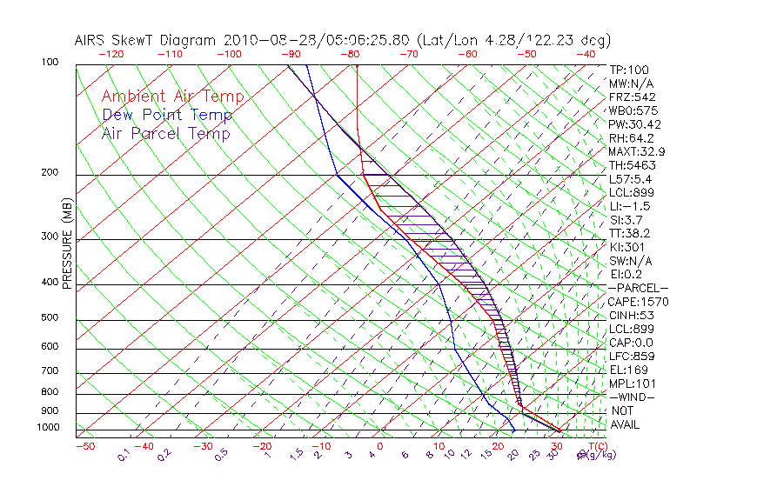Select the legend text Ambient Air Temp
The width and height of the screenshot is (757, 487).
click(172, 97)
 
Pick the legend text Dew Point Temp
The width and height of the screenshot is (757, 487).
click(167, 115)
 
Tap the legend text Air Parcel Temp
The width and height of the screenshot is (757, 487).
click(165, 133)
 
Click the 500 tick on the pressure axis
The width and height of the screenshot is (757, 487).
click(50, 317)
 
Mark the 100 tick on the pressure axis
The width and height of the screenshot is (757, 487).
click(50, 63)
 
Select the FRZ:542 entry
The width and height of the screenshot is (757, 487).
click(632, 97)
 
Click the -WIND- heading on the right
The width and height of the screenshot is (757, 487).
click(631, 397)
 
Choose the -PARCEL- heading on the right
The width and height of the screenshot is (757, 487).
click(638, 288)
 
